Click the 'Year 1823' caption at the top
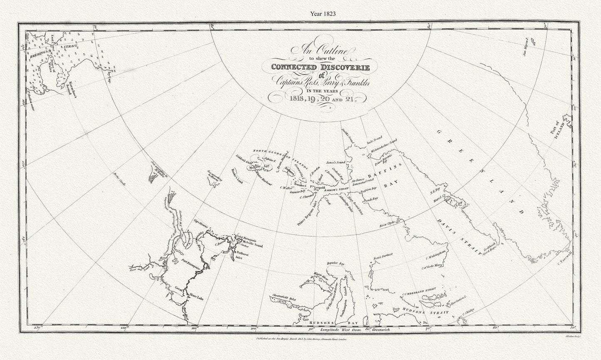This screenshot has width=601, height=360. (x=323, y=13)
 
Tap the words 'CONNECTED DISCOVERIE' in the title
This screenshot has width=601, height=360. (x=323, y=67)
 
